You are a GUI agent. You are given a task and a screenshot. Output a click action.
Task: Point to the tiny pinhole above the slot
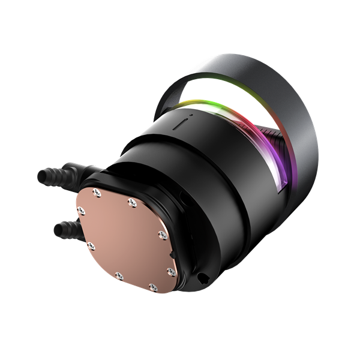coord(190,118)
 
